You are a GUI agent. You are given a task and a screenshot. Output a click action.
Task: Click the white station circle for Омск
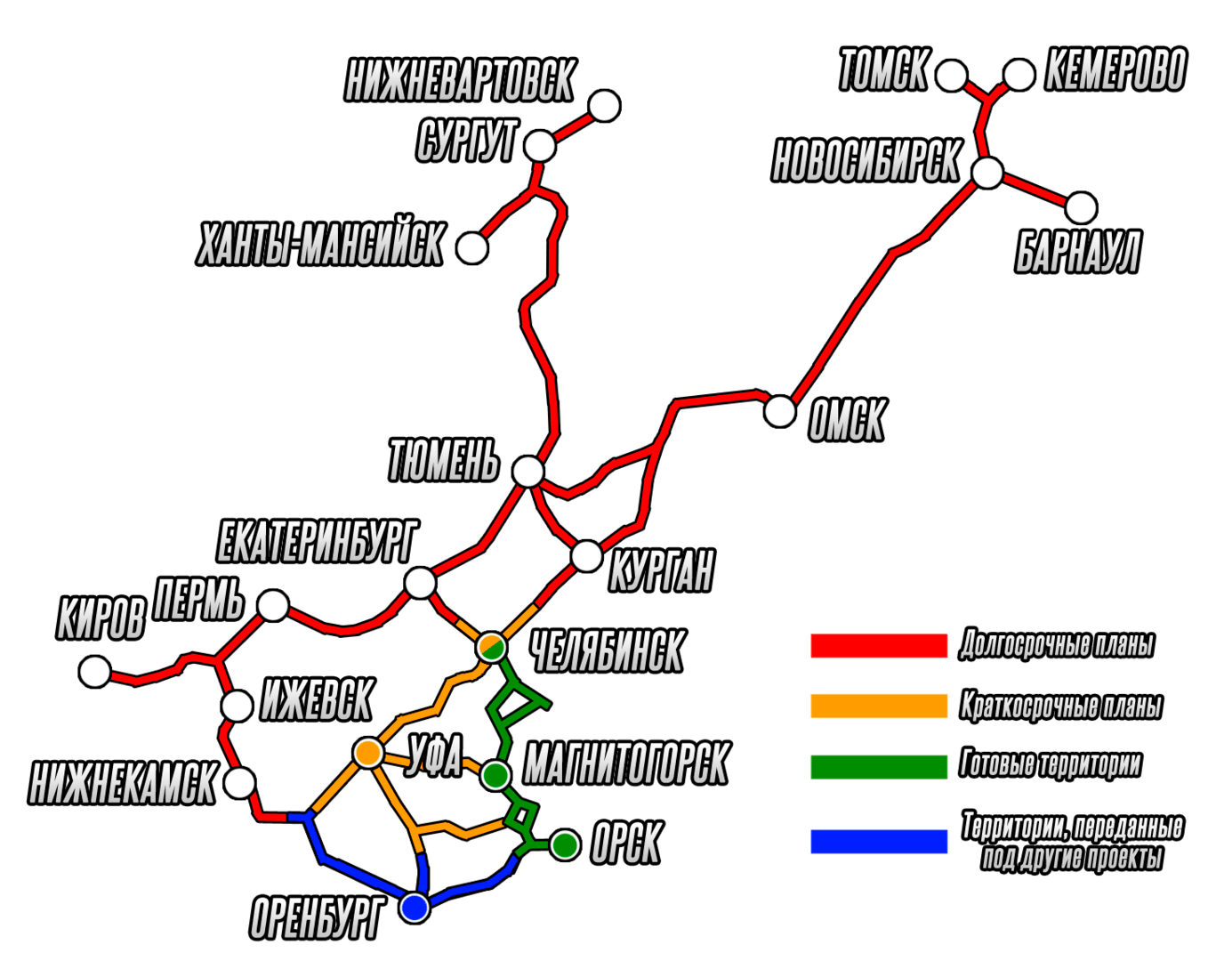pyautogui.click(x=780, y=411)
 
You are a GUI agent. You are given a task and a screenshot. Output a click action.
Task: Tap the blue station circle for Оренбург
pyautogui.click(x=415, y=908)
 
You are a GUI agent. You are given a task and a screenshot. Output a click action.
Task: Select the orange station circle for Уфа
pyautogui.click(x=367, y=753)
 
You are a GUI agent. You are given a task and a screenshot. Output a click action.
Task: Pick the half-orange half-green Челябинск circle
pyautogui.click(x=492, y=647)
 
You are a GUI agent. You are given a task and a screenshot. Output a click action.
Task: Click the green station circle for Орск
pyautogui.click(x=565, y=844)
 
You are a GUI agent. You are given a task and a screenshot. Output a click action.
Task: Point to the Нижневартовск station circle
pyautogui.click(x=605, y=105)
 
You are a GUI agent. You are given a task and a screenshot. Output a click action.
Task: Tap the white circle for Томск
pyautogui.click(x=952, y=76)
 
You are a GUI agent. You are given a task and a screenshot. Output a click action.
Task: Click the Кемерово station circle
pyautogui.click(x=1019, y=76)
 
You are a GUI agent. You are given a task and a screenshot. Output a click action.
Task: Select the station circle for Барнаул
pyautogui.click(x=1081, y=207)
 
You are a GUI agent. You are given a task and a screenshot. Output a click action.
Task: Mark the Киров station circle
pyautogui.click(x=94, y=671)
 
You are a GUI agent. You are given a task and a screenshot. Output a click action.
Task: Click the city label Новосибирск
pyautogui.click(x=866, y=161)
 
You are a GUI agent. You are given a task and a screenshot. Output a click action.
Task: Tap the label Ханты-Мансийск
pyautogui.click(x=319, y=244)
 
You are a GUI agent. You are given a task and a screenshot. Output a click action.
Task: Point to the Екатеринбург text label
pyautogui.click(x=318, y=542)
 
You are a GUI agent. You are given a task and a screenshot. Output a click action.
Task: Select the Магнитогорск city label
pyautogui.click(x=626, y=763)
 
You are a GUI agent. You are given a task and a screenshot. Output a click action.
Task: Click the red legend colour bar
pyautogui.click(x=879, y=645)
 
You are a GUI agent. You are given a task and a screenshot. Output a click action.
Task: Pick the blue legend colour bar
pyautogui.click(x=879, y=842)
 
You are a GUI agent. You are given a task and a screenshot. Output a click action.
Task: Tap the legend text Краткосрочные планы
pyautogui.click(x=1060, y=707)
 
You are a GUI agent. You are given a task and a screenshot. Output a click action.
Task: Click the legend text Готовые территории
pyautogui.click(x=1051, y=764)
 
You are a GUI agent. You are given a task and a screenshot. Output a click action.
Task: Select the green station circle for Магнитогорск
pyautogui.click(x=495, y=775)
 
